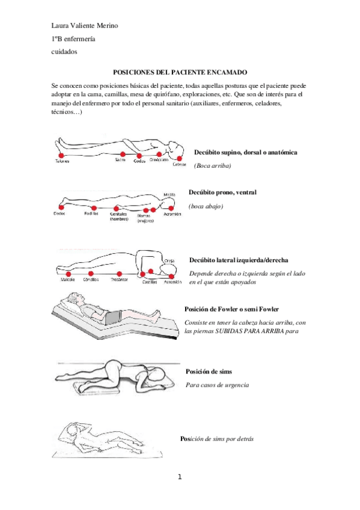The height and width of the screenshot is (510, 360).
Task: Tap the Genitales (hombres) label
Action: pos(120,216)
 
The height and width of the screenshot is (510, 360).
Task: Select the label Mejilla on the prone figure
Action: pos(170,194)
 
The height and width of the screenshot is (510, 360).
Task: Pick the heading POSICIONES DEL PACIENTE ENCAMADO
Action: pos(180,71)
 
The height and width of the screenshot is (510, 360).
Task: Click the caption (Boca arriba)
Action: pos(212,165)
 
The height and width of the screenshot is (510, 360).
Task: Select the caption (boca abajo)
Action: pos(206,206)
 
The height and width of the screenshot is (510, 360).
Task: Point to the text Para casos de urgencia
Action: pos(217,384)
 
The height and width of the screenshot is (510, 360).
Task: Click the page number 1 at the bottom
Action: pos(180,478)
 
